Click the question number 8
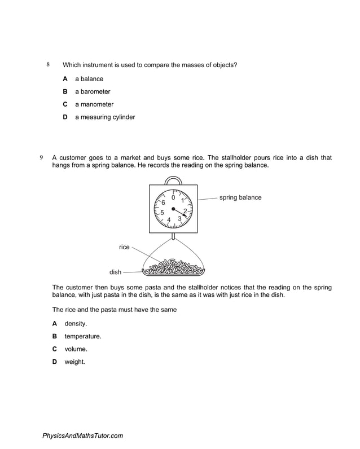coord(48,65)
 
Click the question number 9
coord(41,157)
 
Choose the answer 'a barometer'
coord(93,91)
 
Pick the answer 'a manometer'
coord(94,104)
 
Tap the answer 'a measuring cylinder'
coord(105,117)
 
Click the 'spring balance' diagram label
coord(240,198)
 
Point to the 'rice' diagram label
coord(124,247)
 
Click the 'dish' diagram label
coord(116,272)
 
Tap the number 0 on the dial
coord(173,197)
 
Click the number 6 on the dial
coord(163,203)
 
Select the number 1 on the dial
coord(182,201)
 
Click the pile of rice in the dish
coord(174,266)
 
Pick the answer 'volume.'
coord(76,349)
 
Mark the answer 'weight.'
coord(75,362)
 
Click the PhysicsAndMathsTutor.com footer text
coord(82,435)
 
